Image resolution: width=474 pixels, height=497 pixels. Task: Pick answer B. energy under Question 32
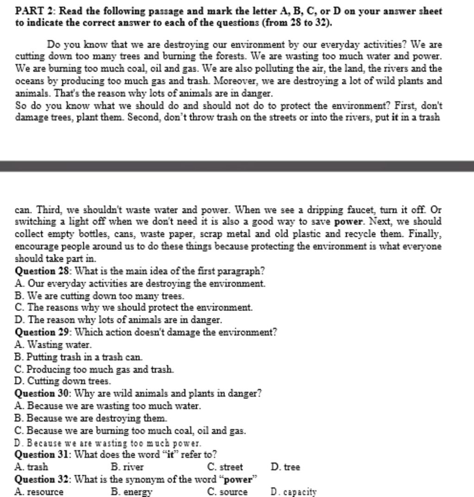tap(131, 492)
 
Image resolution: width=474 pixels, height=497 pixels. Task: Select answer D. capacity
tap(293, 492)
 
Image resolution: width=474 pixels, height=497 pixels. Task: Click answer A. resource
tap(39, 492)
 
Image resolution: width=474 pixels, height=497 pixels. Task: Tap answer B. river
tap(127, 467)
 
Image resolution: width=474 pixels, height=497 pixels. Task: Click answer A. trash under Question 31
tap(31, 467)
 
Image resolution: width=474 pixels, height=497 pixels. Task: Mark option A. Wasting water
tap(53, 345)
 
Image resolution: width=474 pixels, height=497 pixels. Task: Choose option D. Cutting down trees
tap(63, 382)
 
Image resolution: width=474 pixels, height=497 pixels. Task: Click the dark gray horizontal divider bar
tap(237, 166)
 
